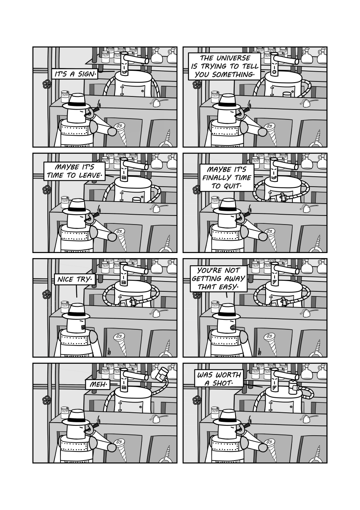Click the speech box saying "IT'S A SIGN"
click(75, 74)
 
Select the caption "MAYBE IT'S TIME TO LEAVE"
click(74, 171)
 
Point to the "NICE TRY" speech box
click(74, 279)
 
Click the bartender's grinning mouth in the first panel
click(124, 72)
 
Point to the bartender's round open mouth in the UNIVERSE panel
click(275, 72)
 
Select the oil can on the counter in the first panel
click(157, 103)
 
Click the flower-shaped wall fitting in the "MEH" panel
click(46, 400)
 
